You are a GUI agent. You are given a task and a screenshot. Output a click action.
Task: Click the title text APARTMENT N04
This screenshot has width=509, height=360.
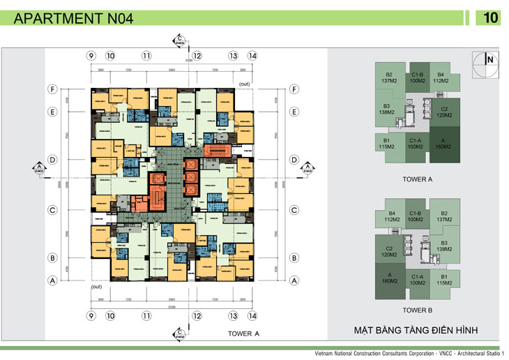73,19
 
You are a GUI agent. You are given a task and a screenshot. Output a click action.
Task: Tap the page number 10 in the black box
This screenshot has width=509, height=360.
489,18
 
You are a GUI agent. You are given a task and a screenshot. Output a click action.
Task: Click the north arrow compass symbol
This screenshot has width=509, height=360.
485,61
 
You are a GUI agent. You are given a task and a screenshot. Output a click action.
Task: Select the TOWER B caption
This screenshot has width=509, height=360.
418,309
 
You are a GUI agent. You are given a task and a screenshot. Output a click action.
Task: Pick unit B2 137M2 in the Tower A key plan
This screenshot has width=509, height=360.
390,78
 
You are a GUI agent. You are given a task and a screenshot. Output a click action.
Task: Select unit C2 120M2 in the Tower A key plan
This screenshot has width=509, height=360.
443,112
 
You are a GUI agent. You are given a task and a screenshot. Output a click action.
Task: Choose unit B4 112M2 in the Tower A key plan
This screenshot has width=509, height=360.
441,78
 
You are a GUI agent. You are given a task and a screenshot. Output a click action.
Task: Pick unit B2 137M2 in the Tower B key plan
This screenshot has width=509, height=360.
443,217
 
